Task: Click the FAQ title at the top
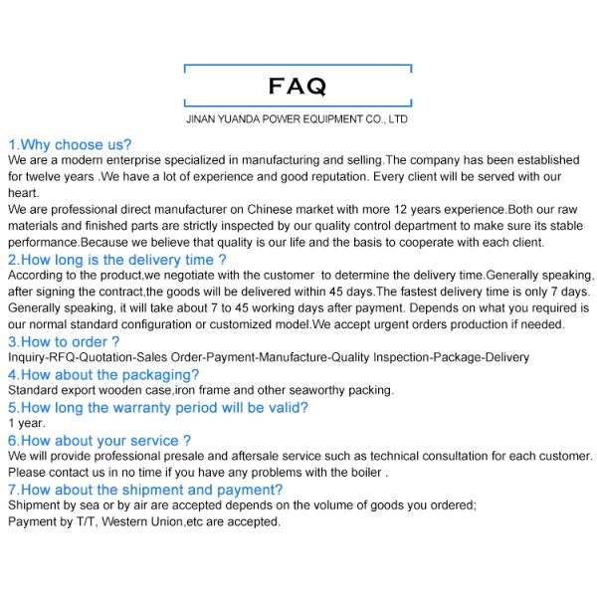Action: [x=298, y=88]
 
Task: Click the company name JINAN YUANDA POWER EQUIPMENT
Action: [x=298, y=118]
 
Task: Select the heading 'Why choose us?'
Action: [x=70, y=144]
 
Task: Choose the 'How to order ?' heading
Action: [x=64, y=341]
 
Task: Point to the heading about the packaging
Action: [x=103, y=374]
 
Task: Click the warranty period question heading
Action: [x=158, y=407]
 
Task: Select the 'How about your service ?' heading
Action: [x=99, y=440]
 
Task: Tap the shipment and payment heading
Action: [x=145, y=490]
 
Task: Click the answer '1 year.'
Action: [x=24, y=423]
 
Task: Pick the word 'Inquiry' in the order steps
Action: [x=27, y=357]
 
